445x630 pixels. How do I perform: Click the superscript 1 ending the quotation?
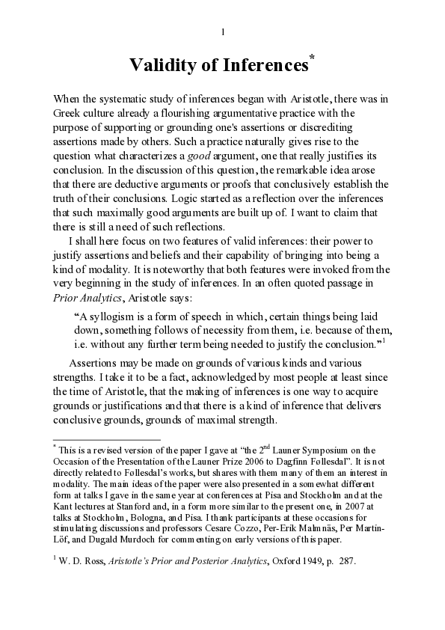pyautogui.click(x=382, y=340)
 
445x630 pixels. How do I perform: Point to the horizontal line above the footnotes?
pyautogui.click(x=107, y=440)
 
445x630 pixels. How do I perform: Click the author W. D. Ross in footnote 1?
pyautogui.click(x=83, y=559)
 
